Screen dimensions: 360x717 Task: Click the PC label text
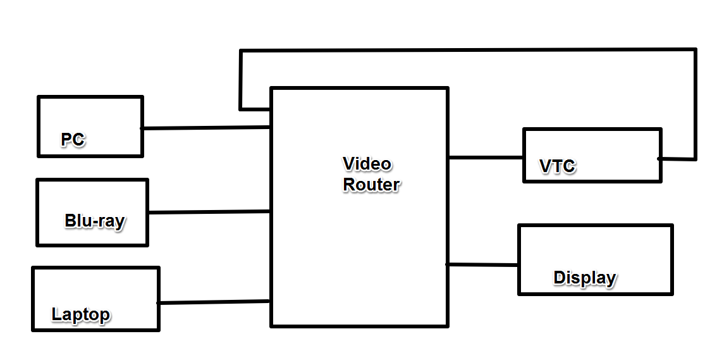coord(73,139)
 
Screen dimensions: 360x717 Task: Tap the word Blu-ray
coord(94,221)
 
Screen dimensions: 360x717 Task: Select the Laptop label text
coord(80,314)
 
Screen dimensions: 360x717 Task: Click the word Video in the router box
coord(367,164)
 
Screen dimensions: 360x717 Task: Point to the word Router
coord(371,185)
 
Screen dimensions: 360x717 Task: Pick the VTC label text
coord(557,166)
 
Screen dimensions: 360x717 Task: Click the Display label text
coord(584,278)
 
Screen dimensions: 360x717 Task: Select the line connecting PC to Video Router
coord(207,128)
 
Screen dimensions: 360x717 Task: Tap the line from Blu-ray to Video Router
coord(209,212)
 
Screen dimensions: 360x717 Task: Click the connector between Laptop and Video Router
coord(214,302)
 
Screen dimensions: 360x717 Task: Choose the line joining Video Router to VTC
coord(486,158)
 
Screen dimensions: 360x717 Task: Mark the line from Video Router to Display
coord(482,264)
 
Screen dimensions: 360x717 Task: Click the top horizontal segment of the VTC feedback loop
coord(468,50)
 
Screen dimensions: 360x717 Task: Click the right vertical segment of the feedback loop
coord(695,104)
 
